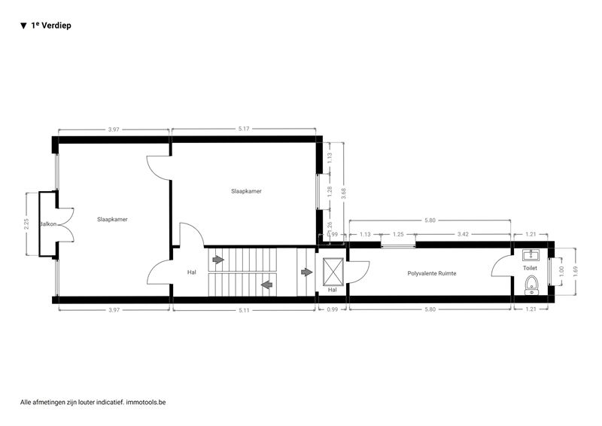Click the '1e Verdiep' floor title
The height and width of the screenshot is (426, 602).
(51, 26)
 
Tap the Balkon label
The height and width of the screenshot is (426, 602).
(48, 224)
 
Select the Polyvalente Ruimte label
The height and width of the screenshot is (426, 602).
(432, 273)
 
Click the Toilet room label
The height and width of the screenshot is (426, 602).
(531, 268)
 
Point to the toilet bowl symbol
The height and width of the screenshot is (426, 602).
(531, 285)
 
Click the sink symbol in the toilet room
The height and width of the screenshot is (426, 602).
(531, 255)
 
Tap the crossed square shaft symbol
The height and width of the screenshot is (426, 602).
(333, 272)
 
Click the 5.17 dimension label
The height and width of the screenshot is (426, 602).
(244, 129)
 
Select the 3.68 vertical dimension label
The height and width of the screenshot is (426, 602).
(344, 193)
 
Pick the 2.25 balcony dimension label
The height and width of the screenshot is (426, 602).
(26, 224)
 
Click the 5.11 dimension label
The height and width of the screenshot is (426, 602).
(244, 309)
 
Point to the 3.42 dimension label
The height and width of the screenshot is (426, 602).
(464, 234)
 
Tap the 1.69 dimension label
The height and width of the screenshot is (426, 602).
(575, 272)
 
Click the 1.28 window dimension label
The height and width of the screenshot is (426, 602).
(330, 192)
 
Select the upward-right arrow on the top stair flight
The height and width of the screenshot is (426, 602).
(218, 260)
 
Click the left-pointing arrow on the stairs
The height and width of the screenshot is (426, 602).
(267, 285)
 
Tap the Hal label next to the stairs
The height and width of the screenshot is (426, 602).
(192, 272)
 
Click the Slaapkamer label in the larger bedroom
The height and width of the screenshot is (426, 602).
(247, 191)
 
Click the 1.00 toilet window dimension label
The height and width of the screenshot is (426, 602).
(561, 272)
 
